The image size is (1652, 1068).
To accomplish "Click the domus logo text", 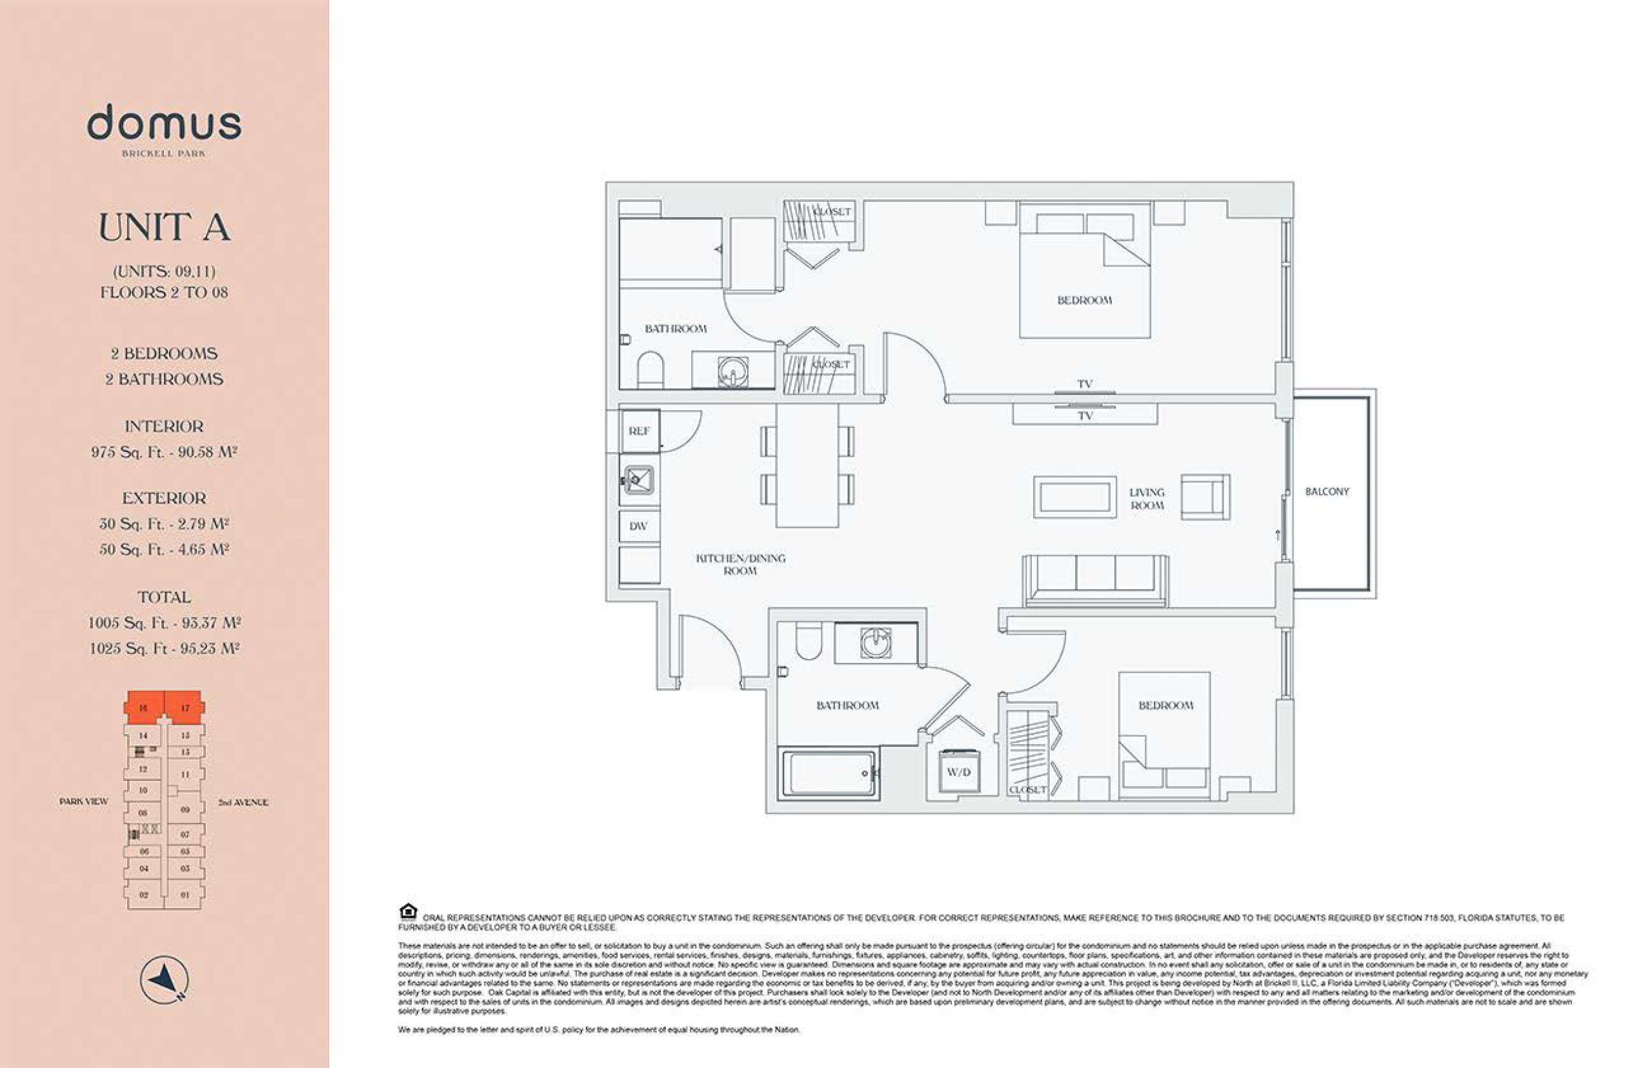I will tap(165, 124).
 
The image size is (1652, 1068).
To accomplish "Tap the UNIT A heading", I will tap(165, 228).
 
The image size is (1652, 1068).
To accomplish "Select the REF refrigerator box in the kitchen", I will tap(638, 431).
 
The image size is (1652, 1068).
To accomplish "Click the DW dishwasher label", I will tap(638, 526).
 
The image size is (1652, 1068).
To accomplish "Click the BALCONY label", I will tap(1326, 491).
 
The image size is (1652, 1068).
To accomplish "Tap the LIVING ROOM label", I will tap(1146, 499).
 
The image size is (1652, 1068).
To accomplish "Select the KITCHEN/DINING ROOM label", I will tap(740, 564).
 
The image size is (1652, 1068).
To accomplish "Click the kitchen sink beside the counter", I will tap(638, 479).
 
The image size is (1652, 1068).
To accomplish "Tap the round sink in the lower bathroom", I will tap(876, 643).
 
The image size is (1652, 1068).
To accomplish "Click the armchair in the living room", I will tap(1205, 496).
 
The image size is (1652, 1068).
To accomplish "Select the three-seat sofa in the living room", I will tap(1095, 580).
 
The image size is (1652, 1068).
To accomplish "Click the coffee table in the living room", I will tap(1074, 497).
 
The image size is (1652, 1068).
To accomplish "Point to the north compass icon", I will tap(165, 979).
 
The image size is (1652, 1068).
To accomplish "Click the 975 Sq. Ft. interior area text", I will tap(165, 452).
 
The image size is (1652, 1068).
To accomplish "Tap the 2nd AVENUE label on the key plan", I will tap(243, 802).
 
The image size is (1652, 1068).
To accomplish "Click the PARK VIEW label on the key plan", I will tap(84, 802).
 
